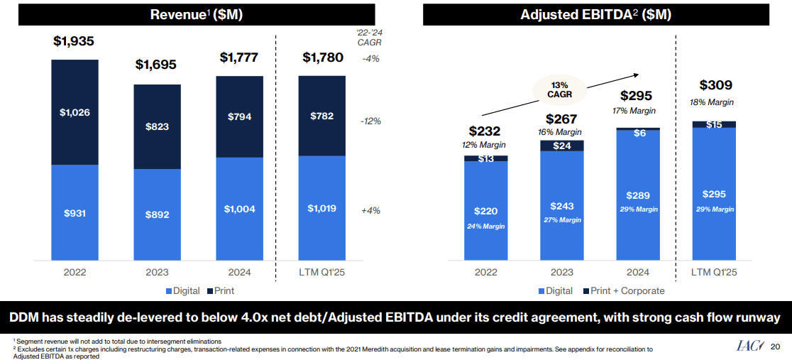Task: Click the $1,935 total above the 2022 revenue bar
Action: coord(74,42)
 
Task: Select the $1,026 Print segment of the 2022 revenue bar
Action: coord(74,112)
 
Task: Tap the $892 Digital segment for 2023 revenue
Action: coord(157,214)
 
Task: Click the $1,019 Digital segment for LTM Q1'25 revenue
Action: coord(321,209)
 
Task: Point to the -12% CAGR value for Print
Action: coord(370,121)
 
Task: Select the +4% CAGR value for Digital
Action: coord(370,211)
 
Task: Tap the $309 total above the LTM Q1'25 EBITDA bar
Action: coord(715,85)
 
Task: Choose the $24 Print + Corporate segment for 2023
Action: coord(561,146)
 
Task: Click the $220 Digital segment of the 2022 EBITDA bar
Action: coord(485,211)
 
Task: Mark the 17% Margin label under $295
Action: coord(634,111)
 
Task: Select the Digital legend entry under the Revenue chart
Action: coord(183,290)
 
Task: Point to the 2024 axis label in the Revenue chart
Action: coord(240,273)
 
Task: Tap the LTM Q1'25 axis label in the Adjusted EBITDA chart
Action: coord(714,273)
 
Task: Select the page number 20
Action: coord(775,347)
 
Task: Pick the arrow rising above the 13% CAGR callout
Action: coord(561,93)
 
